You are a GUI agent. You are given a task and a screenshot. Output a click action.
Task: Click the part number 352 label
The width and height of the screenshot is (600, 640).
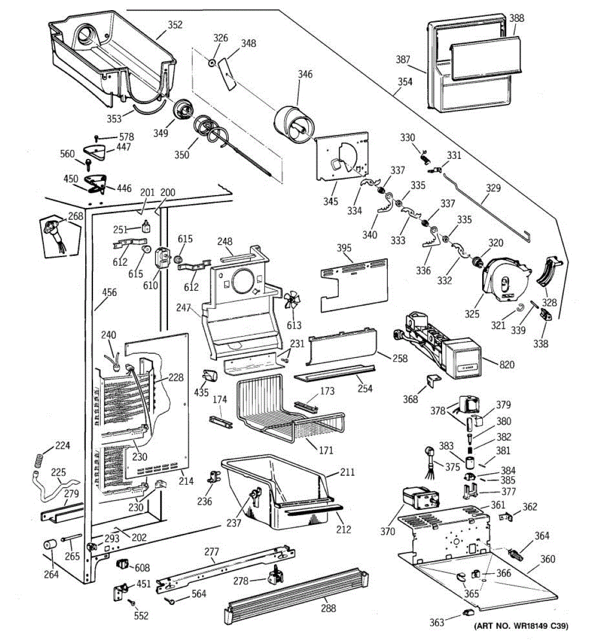175,25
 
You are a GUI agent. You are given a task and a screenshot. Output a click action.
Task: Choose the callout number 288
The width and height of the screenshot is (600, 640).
329,607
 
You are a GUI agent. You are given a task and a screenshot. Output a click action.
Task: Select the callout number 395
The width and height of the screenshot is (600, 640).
344,248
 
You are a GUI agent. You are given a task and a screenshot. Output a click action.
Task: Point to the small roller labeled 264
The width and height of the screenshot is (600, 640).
50,546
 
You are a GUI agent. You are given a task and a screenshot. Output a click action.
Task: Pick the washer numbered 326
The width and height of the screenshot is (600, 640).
213,63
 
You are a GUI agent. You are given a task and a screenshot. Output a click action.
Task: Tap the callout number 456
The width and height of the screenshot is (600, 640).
109,292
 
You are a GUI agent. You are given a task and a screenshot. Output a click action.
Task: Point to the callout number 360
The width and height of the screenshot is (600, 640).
548,559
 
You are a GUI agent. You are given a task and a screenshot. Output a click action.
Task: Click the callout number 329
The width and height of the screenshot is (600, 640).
493,188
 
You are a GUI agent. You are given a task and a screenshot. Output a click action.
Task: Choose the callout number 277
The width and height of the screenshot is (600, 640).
212,551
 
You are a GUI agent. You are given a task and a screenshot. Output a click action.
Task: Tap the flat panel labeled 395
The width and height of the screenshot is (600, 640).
355,285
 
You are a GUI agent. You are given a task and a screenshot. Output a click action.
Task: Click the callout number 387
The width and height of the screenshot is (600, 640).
403,59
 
